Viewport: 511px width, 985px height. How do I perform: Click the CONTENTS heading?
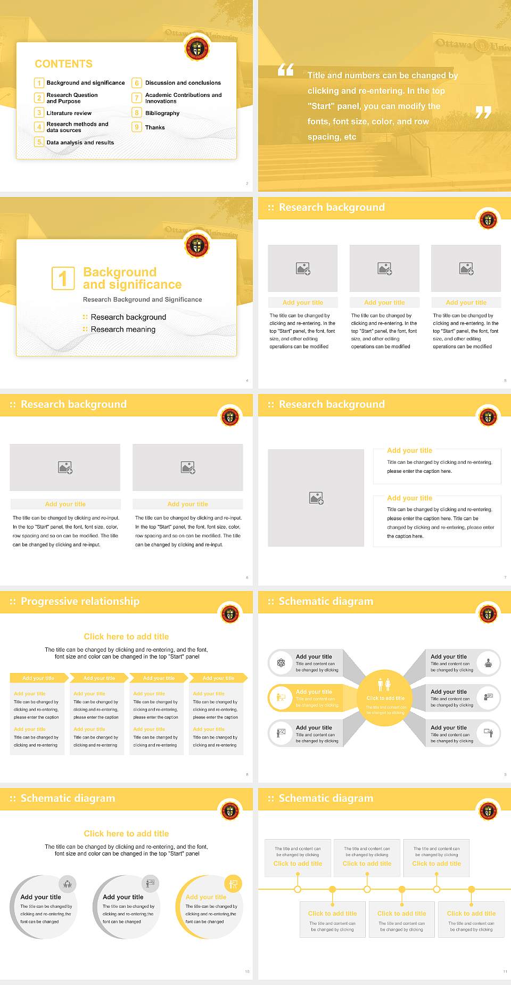pos(63,64)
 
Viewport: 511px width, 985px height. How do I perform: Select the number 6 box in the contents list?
pos(137,83)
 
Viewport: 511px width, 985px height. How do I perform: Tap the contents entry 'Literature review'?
pos(69,113)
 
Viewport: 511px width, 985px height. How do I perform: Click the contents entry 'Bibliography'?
pos(162,113)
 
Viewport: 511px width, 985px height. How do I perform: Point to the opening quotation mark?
pos(286,70)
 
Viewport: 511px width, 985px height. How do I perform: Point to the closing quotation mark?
pos(483,112)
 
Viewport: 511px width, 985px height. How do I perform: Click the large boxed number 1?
pos(63,278)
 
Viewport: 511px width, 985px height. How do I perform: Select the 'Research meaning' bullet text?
pos(123,330)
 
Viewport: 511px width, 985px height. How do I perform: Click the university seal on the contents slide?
pos(197,49)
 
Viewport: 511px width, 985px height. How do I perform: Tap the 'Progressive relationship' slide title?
pos(80,601)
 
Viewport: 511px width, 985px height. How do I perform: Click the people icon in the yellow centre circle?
pos(384,685)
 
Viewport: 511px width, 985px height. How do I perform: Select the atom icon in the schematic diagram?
pos(281,663)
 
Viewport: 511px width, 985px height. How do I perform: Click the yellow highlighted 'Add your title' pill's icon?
pos(280,697)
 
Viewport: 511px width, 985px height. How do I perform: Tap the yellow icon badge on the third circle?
pos(233,884)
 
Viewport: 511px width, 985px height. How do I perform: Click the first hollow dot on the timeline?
pos(298,889)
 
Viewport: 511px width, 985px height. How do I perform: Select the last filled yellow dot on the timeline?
pos(471,889)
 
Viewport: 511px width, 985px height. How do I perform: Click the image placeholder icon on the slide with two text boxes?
pos(316,498)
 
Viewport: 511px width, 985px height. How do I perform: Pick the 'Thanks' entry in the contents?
pos(155,127)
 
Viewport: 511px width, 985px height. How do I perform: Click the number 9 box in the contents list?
pos(137,127)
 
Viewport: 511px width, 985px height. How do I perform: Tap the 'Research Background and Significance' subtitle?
pos(142,300)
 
